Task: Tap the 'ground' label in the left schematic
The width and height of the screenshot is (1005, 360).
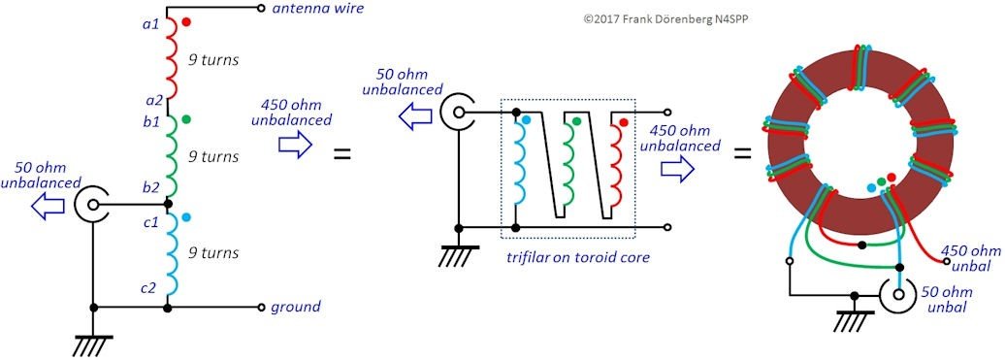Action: (295, 308)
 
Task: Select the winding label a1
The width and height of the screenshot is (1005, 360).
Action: (150, 22)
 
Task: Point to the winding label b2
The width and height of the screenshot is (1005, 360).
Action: (150, 187)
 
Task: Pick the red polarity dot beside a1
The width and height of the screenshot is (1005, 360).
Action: (186, 21)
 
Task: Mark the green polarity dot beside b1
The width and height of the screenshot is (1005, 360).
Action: (186, 119)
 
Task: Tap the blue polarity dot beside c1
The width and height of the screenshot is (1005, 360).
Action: (186, 217)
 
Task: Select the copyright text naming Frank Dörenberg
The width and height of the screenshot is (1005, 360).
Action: (665, 19)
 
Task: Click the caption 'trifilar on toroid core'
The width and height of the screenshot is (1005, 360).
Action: (568, 259)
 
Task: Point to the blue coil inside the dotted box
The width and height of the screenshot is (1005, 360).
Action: (522, 160)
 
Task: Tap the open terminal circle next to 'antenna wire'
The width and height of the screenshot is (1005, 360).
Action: (261, 9)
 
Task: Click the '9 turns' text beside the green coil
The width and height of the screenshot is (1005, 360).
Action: (213, 156)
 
